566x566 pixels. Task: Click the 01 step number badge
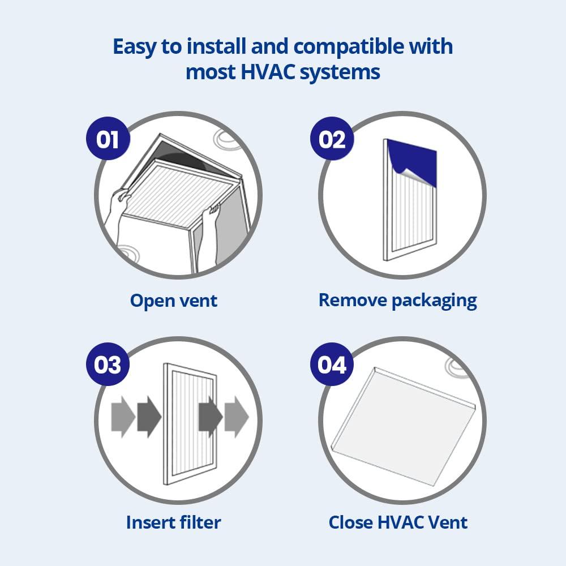click(108, 138)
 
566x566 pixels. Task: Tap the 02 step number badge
click(332, 138)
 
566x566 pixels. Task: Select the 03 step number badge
click(108, 364)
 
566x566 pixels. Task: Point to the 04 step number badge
click(332, 364)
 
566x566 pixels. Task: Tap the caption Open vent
click(174, 300)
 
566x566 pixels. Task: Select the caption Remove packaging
click(397, 300)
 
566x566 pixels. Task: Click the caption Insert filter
click(173, 522)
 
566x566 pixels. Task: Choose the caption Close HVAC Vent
click(398, 522)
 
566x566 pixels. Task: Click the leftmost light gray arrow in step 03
click(122, 417)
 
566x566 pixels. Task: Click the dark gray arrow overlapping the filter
click(210, 417)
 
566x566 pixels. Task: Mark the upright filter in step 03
click(190, 424)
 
